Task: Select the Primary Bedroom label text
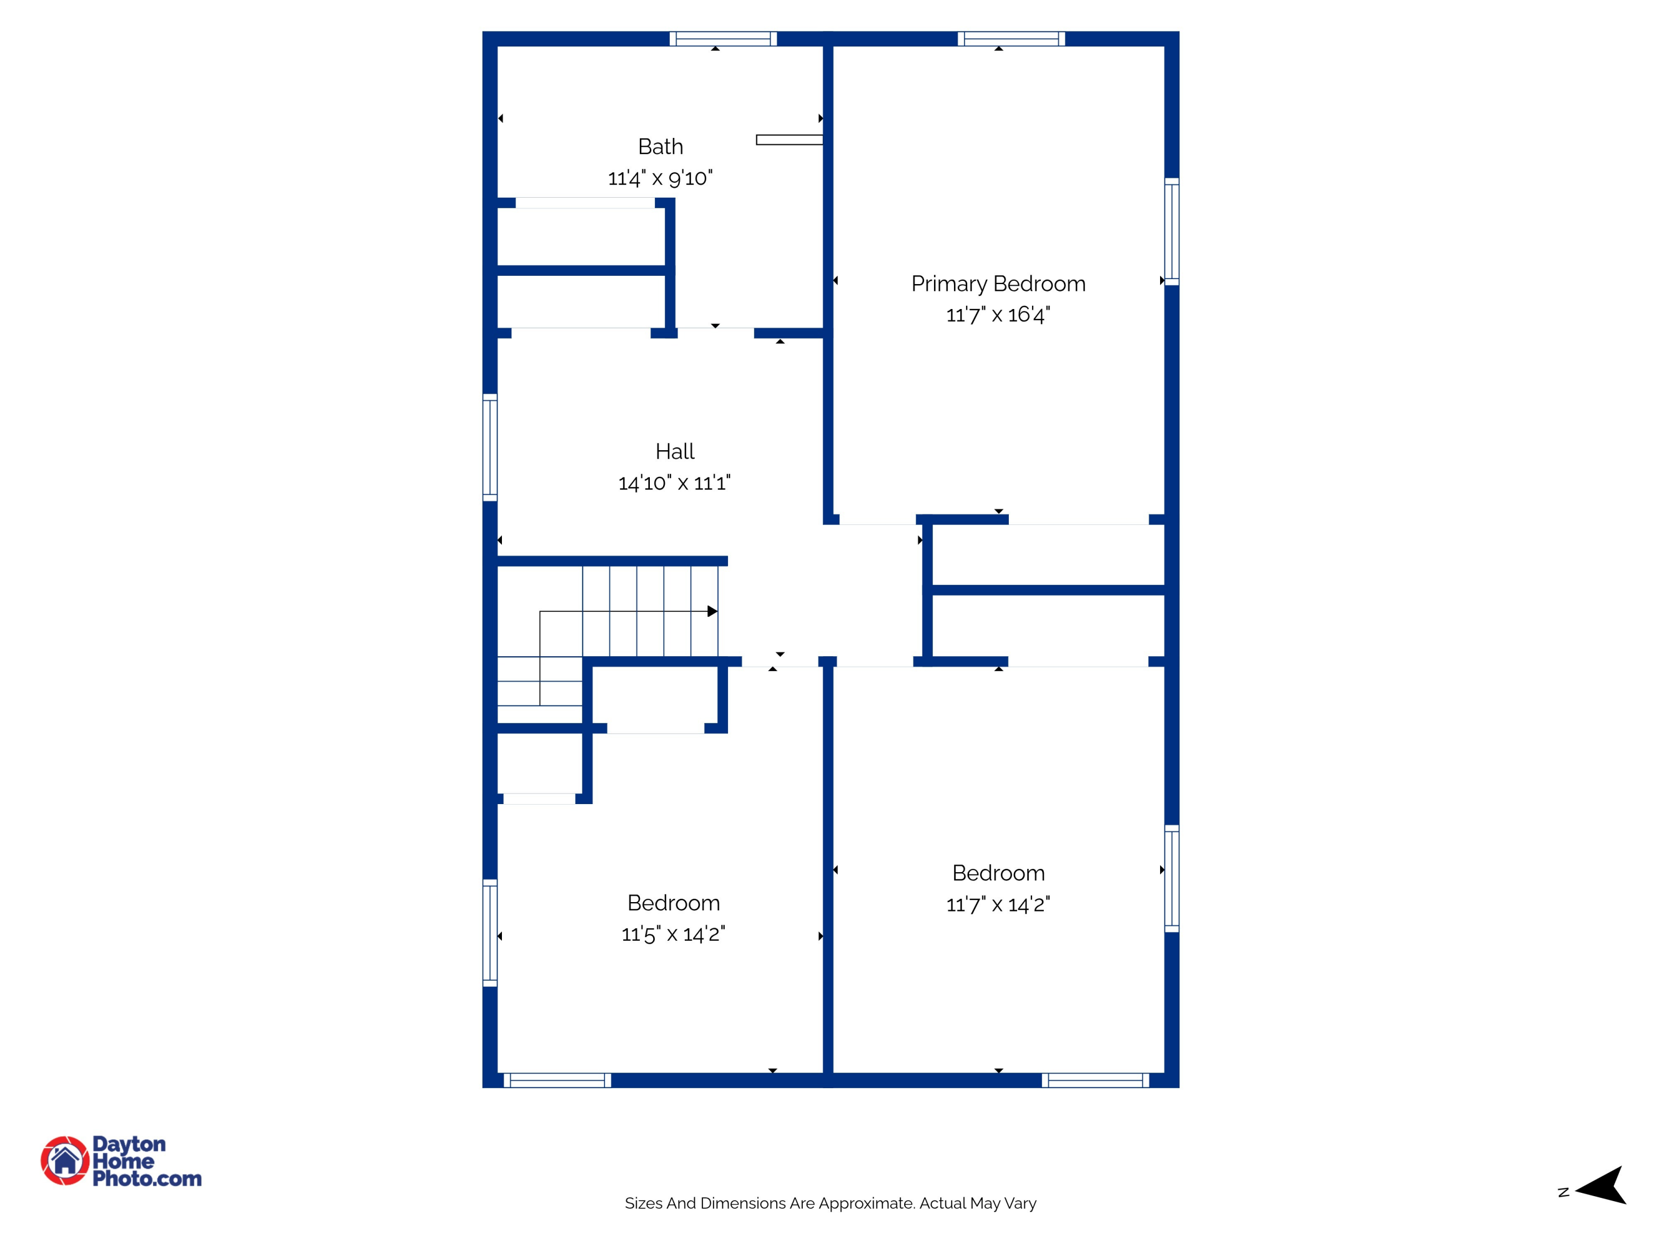click(x=998, y=284)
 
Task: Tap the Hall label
click(x=675, y=451)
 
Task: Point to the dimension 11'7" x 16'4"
click(x=998, y=315)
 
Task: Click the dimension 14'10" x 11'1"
click(x=674, y=483)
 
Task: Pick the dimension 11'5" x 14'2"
click(x=673, y=934)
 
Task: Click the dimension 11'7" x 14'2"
click(x=998, y=904)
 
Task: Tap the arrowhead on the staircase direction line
click(x=712, y=611)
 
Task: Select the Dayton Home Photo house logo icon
click(x=65, y=1160)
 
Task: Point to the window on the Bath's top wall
click(x=723, y=39)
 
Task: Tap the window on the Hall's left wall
click(x=490, y=447)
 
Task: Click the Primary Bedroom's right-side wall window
click(x=1171, y=231)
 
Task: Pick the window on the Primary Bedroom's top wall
click(x=1010, y=39)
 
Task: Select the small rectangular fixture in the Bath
click(x=789, y=140)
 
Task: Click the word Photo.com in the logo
click(x=147, y=1179)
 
